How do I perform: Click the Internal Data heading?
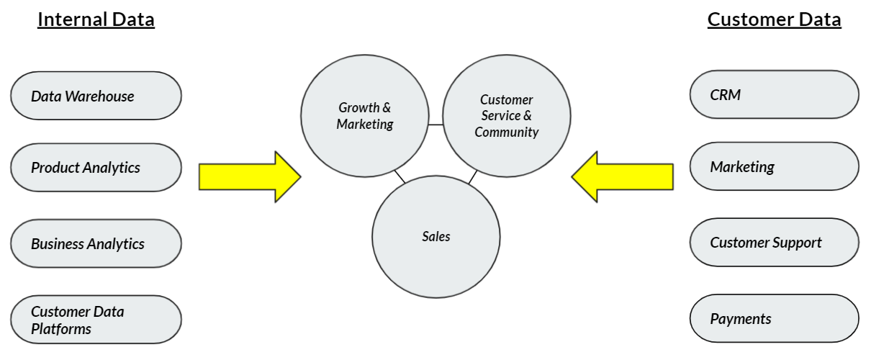pyautogui.click(x=96, y=19)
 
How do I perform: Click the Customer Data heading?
pyautogui.click(x=774, y=19)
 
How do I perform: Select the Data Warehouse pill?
pyautogui.click(x=96, y=96)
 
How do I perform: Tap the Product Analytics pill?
pyautogui.click(x=96, y=168)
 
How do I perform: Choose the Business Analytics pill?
pyautogui.click(x=96, y=243)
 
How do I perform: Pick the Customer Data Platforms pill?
pyautogui.click(x=96, y=320)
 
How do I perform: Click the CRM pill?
pyautogui.click(x=774, y=94)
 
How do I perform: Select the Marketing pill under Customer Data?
pyautogui.click(x=774, y=166)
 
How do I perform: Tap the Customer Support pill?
pyautogui.click(x=774, y=243)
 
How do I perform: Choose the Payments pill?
pyautogui.click(x=774, y=318)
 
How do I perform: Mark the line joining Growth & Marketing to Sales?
pyautogui.click(x=400, y=177)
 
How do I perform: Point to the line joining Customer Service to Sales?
pyautogui.click(x=472, y=177)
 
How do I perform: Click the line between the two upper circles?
pyautogui.click(x=435, y=125)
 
